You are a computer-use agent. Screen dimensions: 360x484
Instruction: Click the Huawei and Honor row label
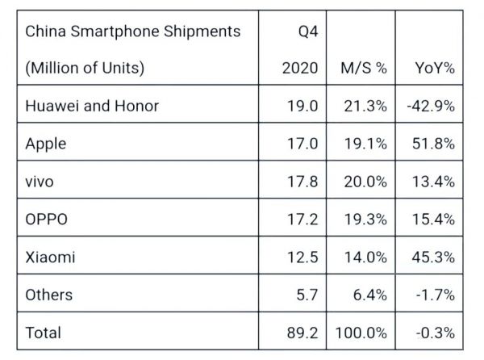coord(92,106)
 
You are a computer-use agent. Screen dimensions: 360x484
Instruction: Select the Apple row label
coord(46,144)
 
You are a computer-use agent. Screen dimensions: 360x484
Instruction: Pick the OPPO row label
coord(48,219)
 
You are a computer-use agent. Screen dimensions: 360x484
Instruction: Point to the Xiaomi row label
coord(51,257)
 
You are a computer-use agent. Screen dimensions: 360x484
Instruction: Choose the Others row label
coord(49,294)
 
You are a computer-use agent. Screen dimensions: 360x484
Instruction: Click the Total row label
coord(44,332)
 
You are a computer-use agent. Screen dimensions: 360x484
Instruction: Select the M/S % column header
coord(365,69)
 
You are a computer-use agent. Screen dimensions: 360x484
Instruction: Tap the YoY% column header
coord(433,69)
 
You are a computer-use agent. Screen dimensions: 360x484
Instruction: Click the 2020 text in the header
coord(299,69)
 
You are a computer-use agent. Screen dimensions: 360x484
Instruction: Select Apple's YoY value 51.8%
coord(433,144)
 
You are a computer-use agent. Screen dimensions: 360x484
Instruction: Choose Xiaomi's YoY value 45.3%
coord(433,257)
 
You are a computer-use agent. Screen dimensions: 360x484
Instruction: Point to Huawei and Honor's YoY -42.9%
coord(431,106)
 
